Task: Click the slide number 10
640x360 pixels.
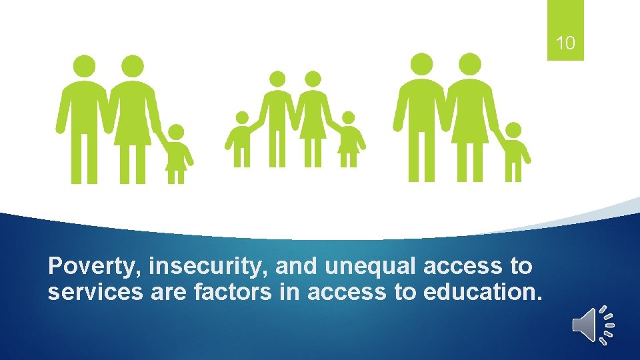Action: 565,44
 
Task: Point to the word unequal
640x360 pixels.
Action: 371,267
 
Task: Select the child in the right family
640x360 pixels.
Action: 513,152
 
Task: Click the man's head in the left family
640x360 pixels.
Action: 85,65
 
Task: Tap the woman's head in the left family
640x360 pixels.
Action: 133,65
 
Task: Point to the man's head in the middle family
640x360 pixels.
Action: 276,79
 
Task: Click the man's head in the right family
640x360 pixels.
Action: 421,64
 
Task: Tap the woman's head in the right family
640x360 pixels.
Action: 470,64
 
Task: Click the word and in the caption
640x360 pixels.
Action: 297,267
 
